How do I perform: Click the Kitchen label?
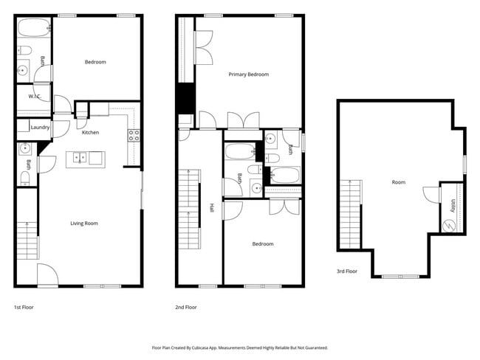point(90,133)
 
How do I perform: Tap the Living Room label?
point(84,224)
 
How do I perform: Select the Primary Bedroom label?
point(248,75)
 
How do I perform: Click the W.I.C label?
point(34,97)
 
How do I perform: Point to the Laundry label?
point(40,127)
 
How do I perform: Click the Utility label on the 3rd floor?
point(451,204)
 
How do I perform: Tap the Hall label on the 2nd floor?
point(211,208)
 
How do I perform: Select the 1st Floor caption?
point(24,307)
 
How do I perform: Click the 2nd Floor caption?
point(186,307)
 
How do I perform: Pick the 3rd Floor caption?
point(347,271)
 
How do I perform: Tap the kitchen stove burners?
point(134,135)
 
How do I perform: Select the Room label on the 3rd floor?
point(399,182)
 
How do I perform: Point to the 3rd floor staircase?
point(350,214)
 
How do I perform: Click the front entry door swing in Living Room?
point(47,274)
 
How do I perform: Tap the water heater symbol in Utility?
point(447,225)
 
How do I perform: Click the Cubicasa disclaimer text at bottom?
point(240,347)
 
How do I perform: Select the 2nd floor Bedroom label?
point(263,243)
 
